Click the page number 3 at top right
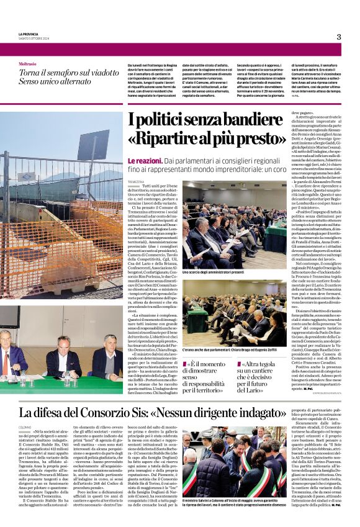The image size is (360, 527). point(338,37)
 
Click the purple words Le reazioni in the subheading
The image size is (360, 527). point(144,161)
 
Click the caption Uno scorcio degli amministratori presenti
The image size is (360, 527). point(212,272)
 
